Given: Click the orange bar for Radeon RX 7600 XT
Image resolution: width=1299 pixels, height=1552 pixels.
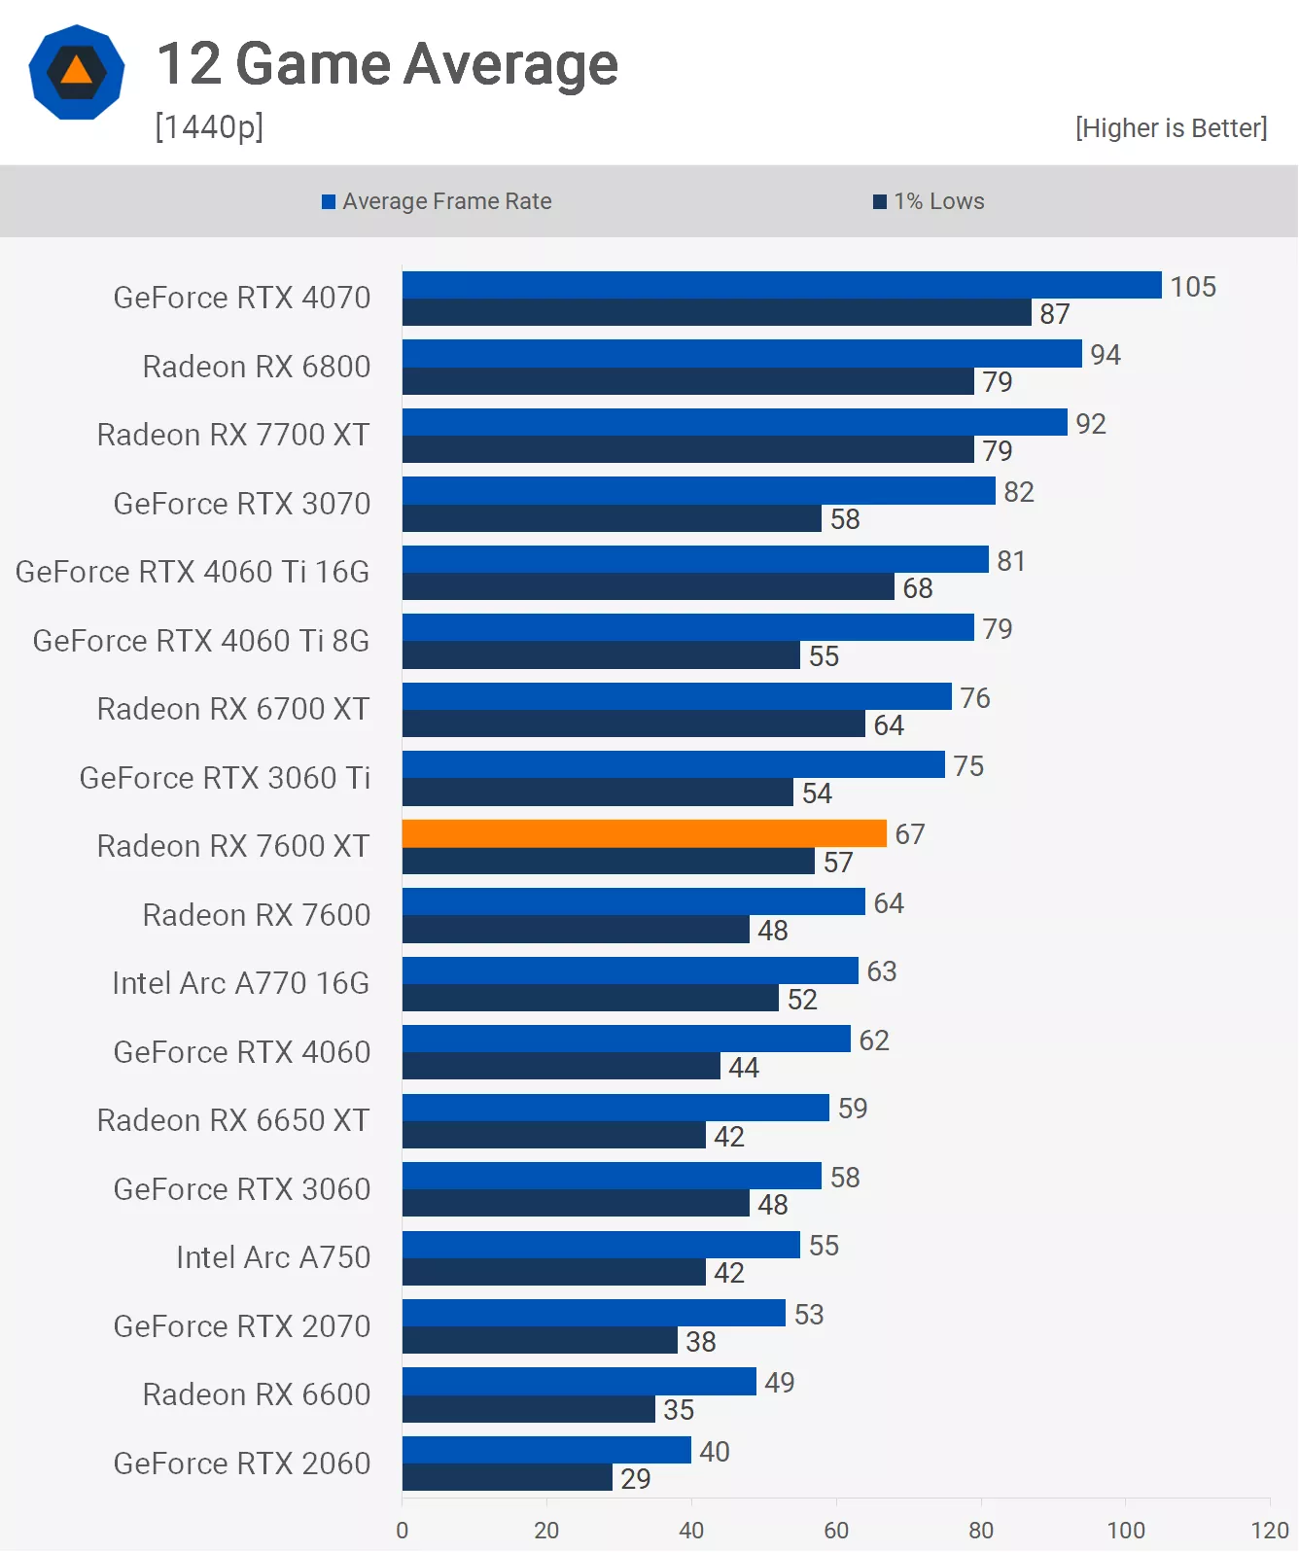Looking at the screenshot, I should coord(644,833).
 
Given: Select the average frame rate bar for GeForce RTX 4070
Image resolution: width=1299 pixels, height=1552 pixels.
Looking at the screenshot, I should coord(782,285).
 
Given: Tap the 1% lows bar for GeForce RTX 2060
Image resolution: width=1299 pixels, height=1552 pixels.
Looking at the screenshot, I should coord(507,1478).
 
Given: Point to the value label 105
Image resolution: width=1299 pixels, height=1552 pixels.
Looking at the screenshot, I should coord(1193,287).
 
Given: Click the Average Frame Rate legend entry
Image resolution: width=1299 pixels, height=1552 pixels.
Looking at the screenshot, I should coord(437,201).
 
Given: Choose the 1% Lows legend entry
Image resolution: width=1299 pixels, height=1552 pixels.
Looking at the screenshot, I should coord(929,201).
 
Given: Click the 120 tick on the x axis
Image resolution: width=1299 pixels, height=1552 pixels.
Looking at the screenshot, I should coord(1270,1530).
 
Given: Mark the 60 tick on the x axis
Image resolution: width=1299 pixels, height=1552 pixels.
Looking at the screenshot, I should coord(836,1530).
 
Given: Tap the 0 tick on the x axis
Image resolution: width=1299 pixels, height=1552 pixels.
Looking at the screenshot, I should coord(403,1530).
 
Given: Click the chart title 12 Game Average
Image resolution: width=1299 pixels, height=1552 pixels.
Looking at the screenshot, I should coord(387,64).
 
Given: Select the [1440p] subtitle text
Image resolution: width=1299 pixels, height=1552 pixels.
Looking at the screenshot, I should coord(209,126).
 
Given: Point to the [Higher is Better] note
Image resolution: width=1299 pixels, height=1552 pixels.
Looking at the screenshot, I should coord(1171,128).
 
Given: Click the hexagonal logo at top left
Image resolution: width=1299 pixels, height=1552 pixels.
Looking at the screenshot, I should coord(77,72).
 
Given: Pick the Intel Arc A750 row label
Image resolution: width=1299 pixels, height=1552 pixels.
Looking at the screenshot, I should coord(273,1257).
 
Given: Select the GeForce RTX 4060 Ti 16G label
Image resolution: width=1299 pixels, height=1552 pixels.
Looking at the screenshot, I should coord(193,572).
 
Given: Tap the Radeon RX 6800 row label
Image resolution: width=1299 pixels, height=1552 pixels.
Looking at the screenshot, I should coord(257,367).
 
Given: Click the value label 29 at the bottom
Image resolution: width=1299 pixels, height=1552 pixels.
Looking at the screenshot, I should coord(636,1479).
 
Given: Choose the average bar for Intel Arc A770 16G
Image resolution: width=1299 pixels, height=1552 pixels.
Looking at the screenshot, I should coord(630,970).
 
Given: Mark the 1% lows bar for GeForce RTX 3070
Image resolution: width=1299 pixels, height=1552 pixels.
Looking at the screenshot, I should coord(612,518).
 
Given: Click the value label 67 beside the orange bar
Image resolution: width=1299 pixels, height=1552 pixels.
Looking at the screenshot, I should coord(910,834).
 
